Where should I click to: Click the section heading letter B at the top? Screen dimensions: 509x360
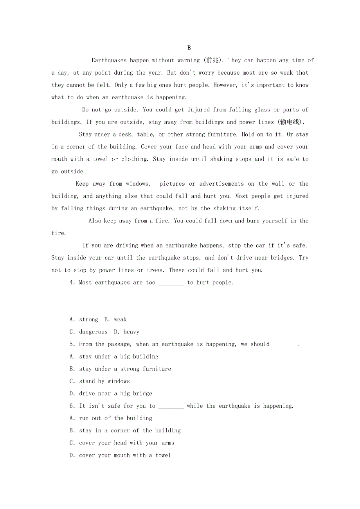189,48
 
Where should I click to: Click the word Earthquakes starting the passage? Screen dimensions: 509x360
109,60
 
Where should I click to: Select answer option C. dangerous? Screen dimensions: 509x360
88,332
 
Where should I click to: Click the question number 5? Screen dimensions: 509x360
72,344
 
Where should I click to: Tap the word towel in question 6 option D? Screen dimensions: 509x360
163,455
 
